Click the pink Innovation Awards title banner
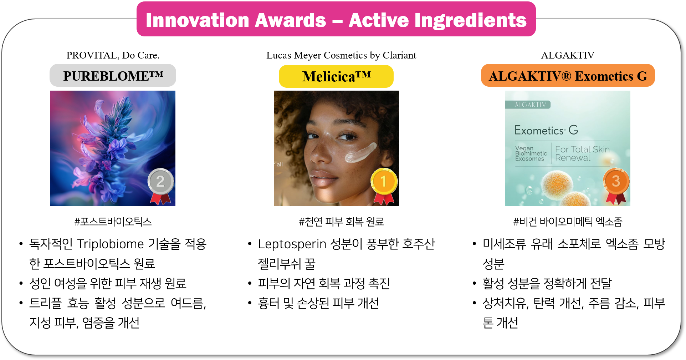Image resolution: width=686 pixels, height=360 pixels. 336,19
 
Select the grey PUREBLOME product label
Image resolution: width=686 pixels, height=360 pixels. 113,76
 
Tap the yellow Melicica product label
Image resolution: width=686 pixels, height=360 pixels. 336,76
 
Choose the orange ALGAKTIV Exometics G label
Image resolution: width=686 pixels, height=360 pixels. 568,76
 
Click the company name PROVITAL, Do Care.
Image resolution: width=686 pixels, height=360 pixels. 113,55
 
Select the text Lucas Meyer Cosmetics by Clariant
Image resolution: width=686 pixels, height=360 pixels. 341,55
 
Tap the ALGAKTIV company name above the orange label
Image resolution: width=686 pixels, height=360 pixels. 568,55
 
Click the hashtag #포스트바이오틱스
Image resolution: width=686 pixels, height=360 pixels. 113,222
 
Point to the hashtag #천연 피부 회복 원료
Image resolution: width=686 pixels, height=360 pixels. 341,222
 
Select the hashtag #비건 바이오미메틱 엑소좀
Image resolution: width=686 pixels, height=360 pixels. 568,222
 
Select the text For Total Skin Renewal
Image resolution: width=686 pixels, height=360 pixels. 582,153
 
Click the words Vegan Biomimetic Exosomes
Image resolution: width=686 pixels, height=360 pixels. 531,153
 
